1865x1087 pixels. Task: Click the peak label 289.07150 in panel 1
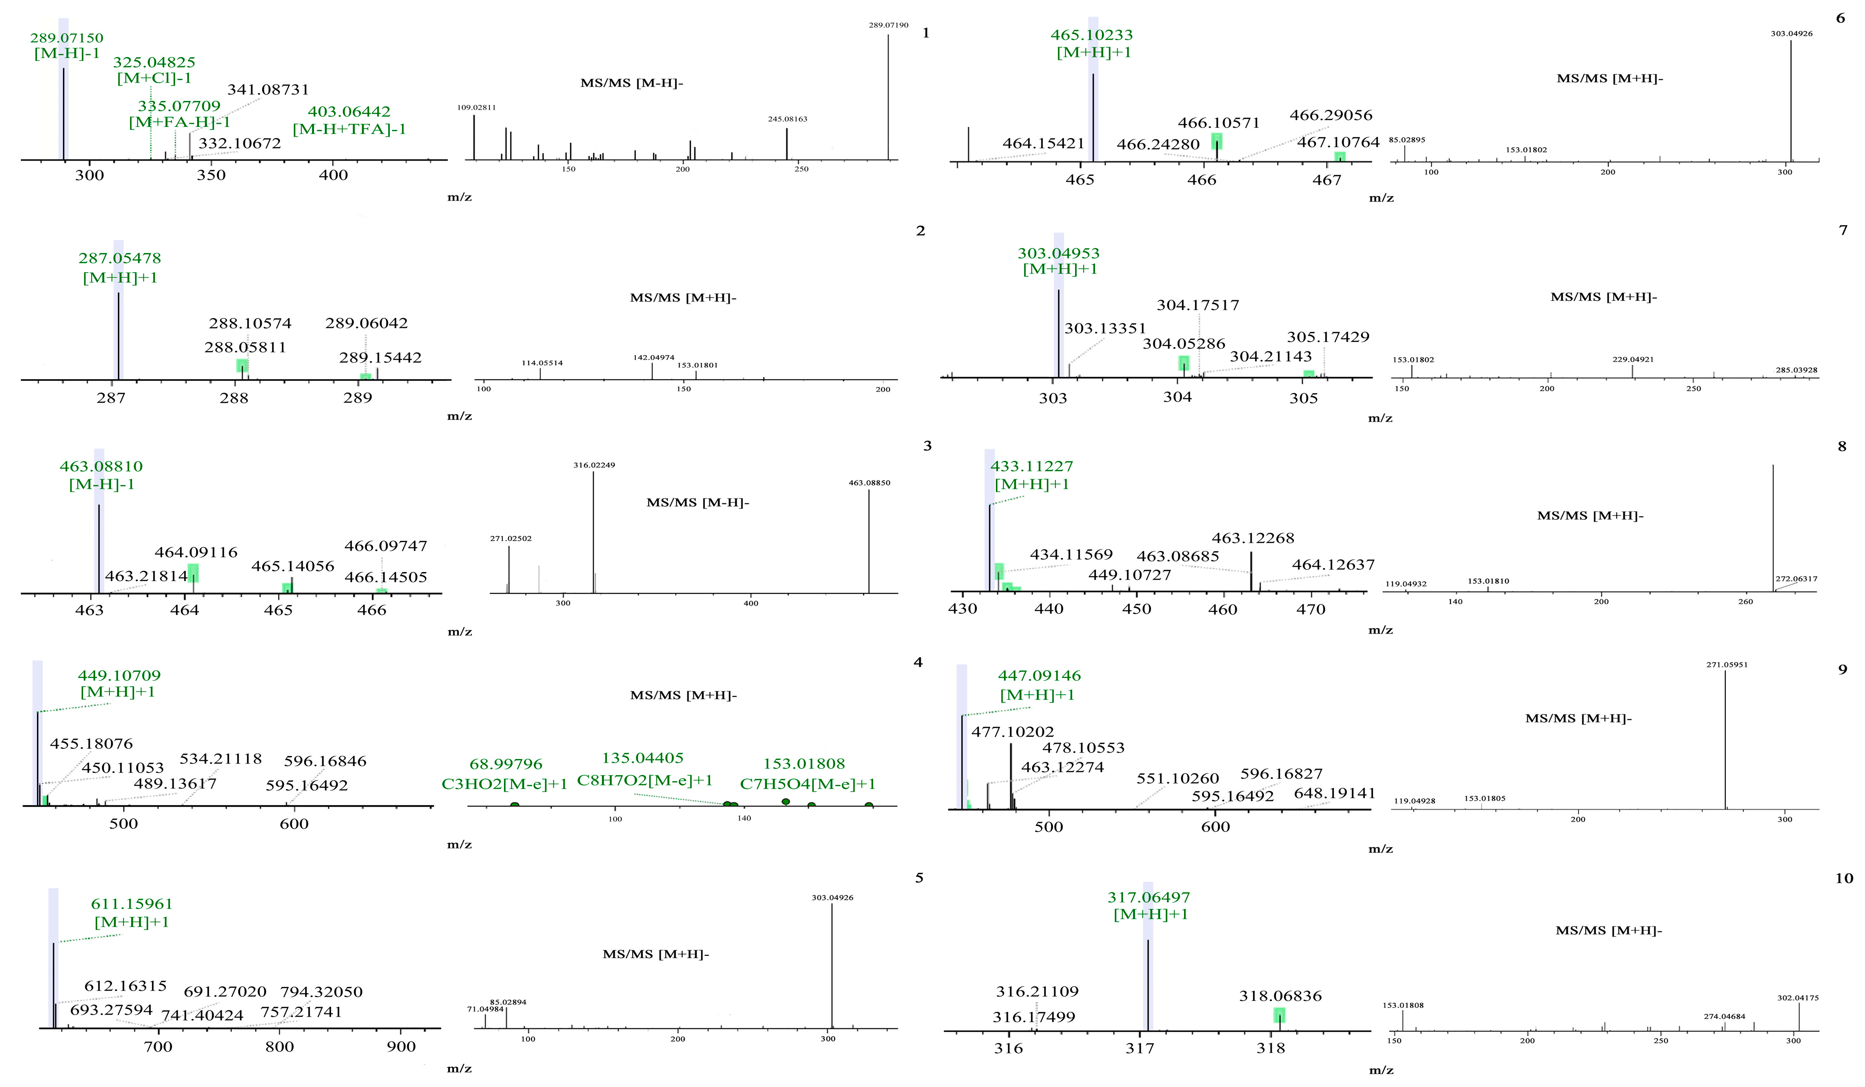pos(66,38)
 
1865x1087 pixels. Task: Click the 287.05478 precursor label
pos(120,259)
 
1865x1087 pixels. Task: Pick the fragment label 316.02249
pos(594,465)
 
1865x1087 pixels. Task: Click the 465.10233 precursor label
pos(1092,35)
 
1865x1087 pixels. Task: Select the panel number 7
pos(1843,231)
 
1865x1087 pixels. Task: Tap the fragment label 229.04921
pos(1633,359)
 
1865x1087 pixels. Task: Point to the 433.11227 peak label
pos(1032,466)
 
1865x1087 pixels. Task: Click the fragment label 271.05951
pos(1727,664)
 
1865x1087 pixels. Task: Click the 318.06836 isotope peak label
pos(1280,996)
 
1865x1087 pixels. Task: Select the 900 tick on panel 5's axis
pos(401,1047)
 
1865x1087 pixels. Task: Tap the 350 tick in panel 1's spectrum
pos(211,175)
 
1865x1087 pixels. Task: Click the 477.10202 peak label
pos(1013,732)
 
